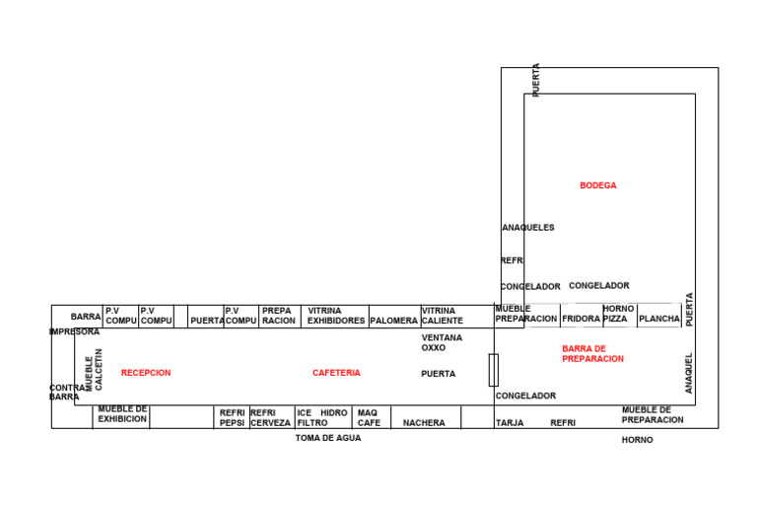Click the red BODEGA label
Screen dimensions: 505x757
[x=598, y=185]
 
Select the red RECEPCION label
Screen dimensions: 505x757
[x=146, y=373]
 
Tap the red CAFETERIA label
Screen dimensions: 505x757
[x=336, y=373]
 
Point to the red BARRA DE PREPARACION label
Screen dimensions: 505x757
[x=592, y=354]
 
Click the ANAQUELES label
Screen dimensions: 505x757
[x=528, y=228]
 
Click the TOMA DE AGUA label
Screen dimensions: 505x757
[x=328, y=438]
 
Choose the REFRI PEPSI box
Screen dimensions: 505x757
[x=232, y=417]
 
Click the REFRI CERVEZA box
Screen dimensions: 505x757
[x=270, y=417]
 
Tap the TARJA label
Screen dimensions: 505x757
[x=510, y=423]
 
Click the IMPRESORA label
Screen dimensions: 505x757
[x=75, y=332]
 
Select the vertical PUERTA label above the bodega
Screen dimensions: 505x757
[x=536, y=80]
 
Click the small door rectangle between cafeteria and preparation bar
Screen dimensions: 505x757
[x=493, y=370]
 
